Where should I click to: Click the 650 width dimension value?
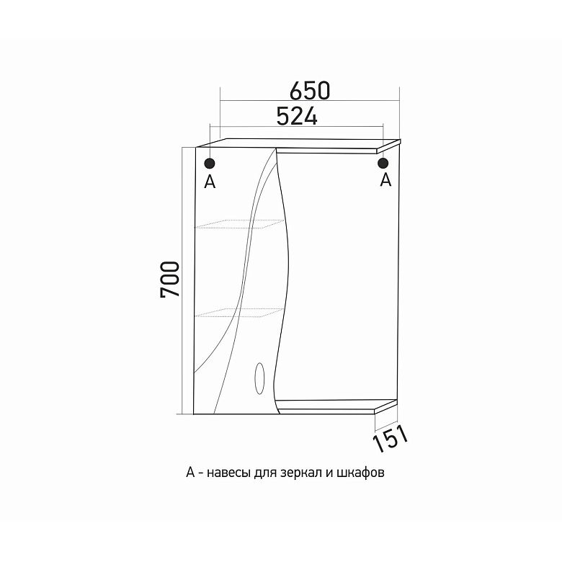(x=309, y=92)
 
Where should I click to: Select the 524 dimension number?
(x=297, y=116)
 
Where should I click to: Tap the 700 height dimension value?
(x=170, y=280)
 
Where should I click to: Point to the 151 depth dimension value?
(x=391, y=438)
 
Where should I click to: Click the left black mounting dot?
(x=210, y=164)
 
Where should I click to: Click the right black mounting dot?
(x=383, y=163)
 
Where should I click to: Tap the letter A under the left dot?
(x=210, y=182)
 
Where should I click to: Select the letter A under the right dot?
(x=385, y=179)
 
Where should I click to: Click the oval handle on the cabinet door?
(x=259, y=378)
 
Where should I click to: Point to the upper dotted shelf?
(x=239, y=224)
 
